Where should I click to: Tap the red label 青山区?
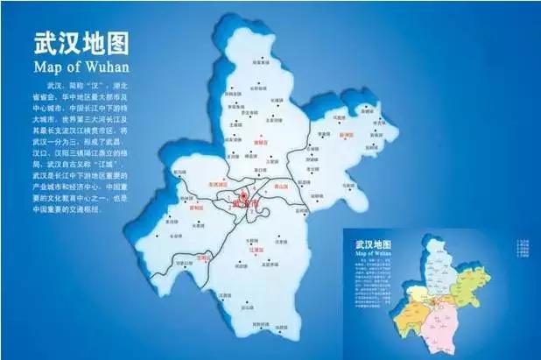(281, 185)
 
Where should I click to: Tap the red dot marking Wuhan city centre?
(242, 196)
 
